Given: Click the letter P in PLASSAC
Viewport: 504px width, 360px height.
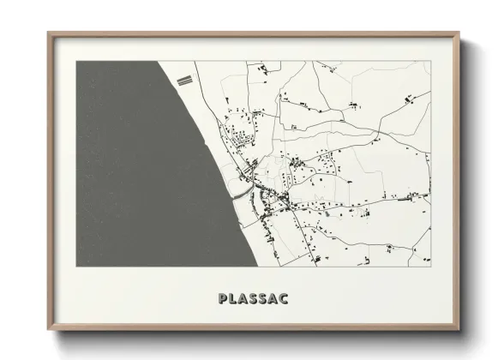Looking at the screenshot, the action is click(223, 299).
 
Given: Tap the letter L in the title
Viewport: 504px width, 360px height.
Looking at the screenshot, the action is click(233, 299).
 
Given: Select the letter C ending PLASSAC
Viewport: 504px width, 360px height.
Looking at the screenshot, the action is click(283, 299).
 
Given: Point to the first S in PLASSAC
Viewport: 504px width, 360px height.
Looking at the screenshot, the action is click(253, 299).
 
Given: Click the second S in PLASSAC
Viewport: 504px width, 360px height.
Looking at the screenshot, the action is click(262, 299).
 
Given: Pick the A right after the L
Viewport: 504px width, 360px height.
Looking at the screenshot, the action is click(243, 299).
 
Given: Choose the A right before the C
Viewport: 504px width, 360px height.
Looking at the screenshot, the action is click(273, 299).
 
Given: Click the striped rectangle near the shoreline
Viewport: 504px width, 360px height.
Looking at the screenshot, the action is click(183, 81).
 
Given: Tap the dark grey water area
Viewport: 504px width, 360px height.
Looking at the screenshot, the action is click(129, 163).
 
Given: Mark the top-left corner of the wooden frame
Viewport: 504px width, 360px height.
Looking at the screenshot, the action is click(48, 33).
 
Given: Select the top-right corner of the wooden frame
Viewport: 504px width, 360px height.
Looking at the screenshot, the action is click(459, 33).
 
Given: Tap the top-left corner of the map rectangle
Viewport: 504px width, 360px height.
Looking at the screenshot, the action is click(76, 61).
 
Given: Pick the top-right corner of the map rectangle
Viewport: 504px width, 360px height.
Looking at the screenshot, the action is click(430, 61).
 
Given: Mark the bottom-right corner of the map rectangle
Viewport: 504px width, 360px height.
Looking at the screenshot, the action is click(430, 267).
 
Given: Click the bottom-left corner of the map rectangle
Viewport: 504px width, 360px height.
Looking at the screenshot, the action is click(76, 267).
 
